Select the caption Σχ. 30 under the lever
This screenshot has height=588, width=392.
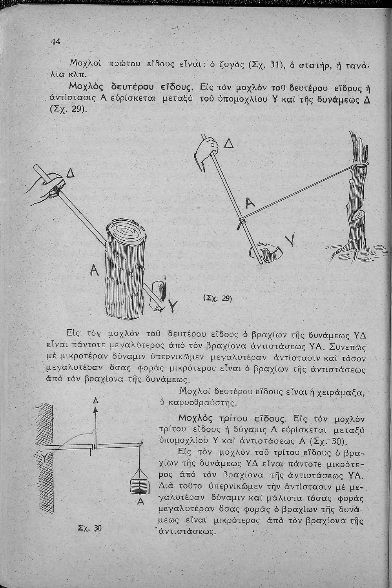[x=93, y=528]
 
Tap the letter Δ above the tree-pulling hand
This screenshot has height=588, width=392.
[x=229, y=144]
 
